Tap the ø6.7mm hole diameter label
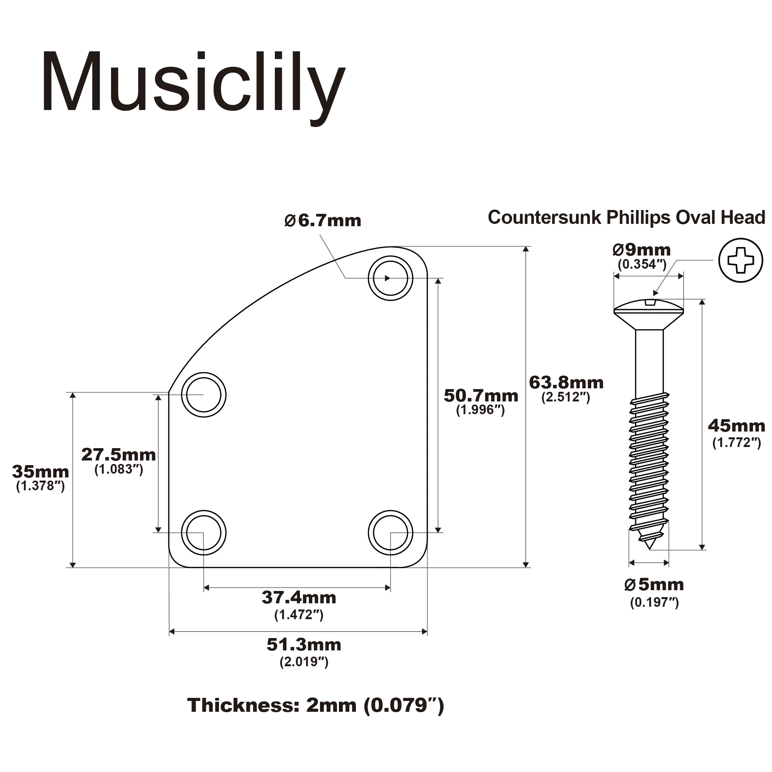pyautogui.click(x=322, y=220)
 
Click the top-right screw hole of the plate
pyautogui.click(x=390, y=278)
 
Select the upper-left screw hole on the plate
pyautogui.click(x=203, y=395)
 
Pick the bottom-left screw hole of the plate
pyautogui.click(x=203, y=533)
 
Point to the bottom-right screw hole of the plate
pyautogui.click(x=390, y=533)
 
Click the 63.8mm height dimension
pyautogui.click(x=566, y=383)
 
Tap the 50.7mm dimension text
pyautogui.click(x=481, y=396)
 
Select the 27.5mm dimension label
pyautogui.click(x=118, y=455)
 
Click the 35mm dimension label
pyautogui.click(x=41, y=472)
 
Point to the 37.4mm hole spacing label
pyautogui.click(x=299, y=598)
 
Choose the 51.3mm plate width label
pyautogui.click(x=304, y=645)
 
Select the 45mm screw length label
pyautogui.click(x=736, y=426)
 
